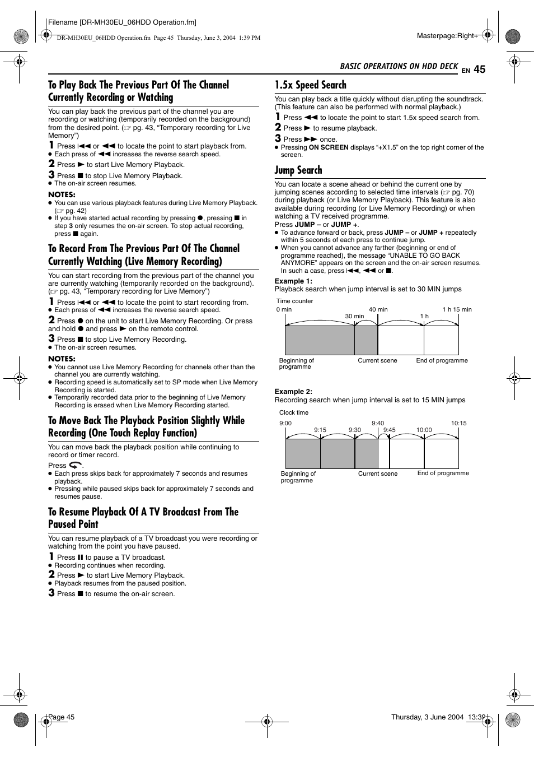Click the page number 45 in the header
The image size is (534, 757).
[x=479, y=69]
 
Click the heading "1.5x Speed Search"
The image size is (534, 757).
[x=310, y=85]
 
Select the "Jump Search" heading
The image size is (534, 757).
[x=298, y=170]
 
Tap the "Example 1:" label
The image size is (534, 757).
[x=293, y=281]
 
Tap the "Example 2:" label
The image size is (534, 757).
[x=293, y=392]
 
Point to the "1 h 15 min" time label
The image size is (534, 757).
[x=457, y=309]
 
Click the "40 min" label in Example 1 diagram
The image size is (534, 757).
[x=378, y=309]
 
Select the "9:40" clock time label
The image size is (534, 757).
[x=378, y=424]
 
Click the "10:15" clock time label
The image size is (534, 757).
[x=458, y=424]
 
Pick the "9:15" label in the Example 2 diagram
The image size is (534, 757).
[x=320, y=430]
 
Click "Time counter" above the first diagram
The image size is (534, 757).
[x=294, y=301]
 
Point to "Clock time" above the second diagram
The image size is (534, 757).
[x=293, y=412]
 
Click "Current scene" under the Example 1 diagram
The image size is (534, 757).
[x=377, y=361]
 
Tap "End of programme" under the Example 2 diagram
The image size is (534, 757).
[x=443, y=473]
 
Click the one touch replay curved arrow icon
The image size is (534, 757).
[x=75, y=465]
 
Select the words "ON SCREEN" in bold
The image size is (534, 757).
[x=329, y=147]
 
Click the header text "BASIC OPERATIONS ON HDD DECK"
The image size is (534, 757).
[x=399, y=66]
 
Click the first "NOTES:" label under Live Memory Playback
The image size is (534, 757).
[x=62, y=195]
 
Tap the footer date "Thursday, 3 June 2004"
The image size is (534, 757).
[x=427, y=717]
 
